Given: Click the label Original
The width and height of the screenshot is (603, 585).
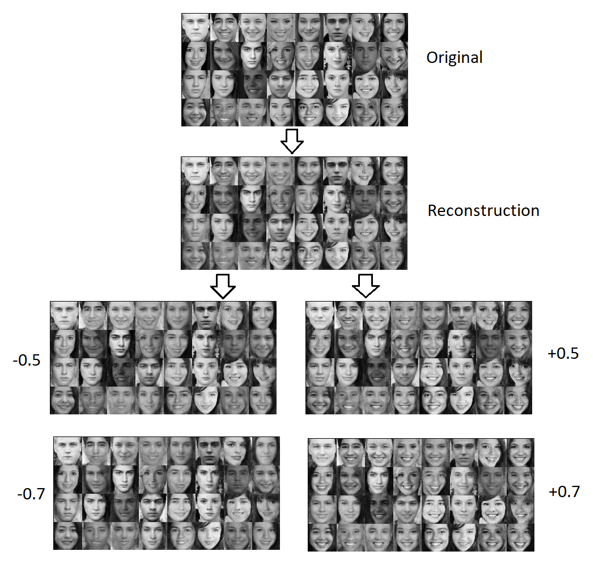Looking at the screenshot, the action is (455, 58).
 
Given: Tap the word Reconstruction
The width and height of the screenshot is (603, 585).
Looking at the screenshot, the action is (483, 211).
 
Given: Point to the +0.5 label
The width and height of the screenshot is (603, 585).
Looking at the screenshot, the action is (564, 353).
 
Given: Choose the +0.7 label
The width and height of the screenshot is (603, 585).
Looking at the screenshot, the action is (564, 491).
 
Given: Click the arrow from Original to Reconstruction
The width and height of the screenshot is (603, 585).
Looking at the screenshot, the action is (292, 141).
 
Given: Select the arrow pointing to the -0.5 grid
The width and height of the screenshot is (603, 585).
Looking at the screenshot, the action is (222, 286).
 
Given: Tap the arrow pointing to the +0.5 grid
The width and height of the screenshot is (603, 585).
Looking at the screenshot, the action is (366, 286).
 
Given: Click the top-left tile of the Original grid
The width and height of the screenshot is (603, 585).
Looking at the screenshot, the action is (196, 27).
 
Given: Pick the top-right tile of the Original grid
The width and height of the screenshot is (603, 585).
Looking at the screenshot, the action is (394, 27).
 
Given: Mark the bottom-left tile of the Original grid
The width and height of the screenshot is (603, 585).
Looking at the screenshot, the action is (196, 112).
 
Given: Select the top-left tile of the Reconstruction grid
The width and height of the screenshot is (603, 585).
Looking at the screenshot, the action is (196, 171).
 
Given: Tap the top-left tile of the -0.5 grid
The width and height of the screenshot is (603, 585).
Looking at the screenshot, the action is (64, 315).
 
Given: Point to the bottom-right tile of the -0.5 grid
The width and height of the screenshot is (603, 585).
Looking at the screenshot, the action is (262, 400).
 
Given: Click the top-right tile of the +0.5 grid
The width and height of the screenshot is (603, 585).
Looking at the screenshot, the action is (518, 315).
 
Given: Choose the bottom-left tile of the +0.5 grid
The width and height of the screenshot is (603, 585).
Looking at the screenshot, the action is (320, 400).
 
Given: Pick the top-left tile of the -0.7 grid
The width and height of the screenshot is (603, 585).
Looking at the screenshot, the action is (68, 451).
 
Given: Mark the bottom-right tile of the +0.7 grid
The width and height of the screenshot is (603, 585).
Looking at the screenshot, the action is (520, 537).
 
